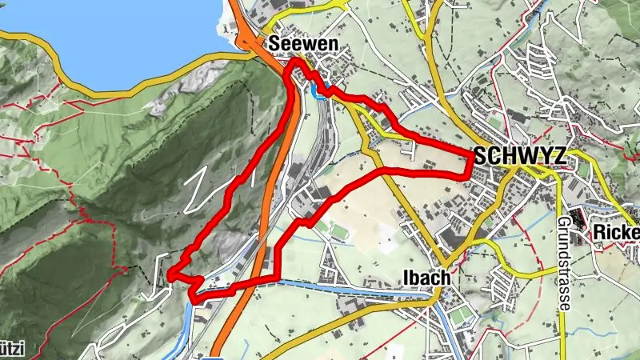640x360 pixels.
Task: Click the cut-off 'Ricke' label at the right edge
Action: [616, 232]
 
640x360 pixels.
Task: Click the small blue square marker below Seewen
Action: [318, 93]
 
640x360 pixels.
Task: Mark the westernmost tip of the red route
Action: [171, 276]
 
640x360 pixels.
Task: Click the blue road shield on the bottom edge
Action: [212, 357]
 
